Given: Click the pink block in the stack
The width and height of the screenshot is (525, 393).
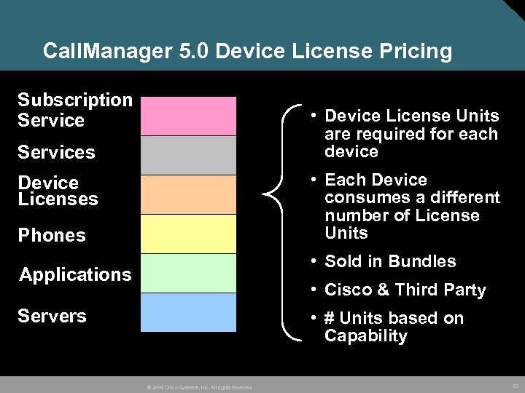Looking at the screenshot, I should (188, 116).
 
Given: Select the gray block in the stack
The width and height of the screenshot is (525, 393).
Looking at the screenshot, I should (188, 155).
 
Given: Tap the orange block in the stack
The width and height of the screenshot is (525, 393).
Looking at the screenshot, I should (188, 194).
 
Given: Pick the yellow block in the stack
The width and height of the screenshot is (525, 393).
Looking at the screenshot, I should (188, 234).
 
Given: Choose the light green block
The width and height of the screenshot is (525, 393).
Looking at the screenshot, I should (188, 273).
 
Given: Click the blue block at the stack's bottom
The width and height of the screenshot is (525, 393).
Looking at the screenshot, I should (188, 312).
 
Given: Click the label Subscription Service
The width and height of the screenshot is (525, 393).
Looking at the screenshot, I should (74, 110).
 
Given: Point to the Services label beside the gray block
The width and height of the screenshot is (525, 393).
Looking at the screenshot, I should (56, 152).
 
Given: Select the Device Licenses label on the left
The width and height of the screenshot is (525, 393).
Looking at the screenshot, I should (58, 191).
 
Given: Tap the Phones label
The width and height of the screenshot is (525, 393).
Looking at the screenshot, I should (52, 235).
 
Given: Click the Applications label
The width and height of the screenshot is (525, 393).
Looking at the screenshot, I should (75, 274).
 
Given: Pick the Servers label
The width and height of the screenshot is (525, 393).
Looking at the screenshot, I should (52, 316).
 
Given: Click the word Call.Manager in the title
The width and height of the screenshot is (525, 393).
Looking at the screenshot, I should (106, 52).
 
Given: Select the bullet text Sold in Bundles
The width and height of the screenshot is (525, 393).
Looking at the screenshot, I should (390, 261).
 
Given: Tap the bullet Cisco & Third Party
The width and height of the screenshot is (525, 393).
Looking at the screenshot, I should (405, 290).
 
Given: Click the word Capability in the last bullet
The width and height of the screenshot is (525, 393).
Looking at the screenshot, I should (366, 336).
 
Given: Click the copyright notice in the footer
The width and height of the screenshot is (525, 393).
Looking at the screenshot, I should (199, 387).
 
